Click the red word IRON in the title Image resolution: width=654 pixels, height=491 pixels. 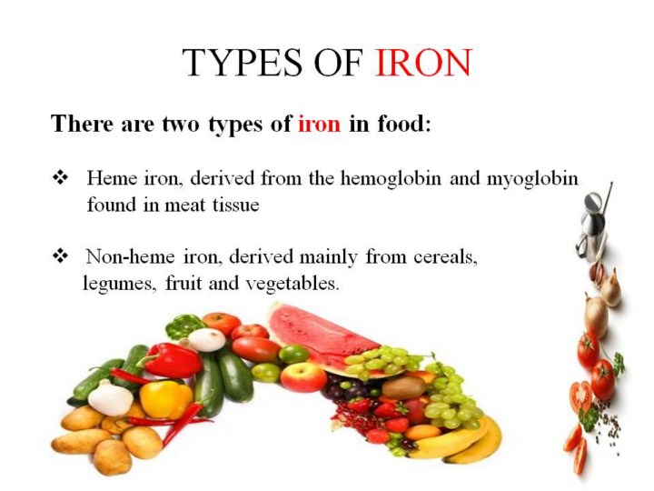click(x=423, y=63)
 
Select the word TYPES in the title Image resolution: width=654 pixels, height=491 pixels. click(x=242, y=63)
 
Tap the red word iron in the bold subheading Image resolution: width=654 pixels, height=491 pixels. click(x=319, y=124)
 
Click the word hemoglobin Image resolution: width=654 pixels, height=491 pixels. click(x=391, y=179)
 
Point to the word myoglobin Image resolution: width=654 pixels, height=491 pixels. click(x=532, y=180)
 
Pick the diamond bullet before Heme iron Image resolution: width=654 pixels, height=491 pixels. click(x=61, y=178)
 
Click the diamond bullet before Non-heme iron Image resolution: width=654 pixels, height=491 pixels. click(x=61, y=256)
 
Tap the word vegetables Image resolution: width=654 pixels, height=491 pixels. click(x=292, y=285)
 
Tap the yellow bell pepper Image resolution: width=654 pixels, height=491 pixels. click(x=166, y=399)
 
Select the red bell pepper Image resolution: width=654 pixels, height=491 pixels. click(x=173, y=360)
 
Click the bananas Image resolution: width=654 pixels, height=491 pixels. click(x=459, y=444)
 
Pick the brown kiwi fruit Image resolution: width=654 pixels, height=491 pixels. click(x=403, y=388)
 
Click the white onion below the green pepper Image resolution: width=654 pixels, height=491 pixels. click(x=206, y=339)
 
